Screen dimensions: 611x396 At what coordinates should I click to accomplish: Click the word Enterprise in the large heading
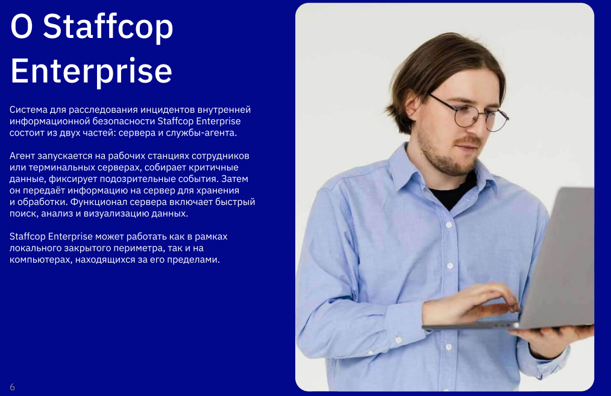pyautogui.click(x=91, y=71)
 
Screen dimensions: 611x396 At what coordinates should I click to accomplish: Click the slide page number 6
pyautogui.click(x=13, y=387)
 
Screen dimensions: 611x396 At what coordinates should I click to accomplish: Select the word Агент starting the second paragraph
pyautogui.click(x=22, y=156)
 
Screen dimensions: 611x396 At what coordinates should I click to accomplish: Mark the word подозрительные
pyautogui.click(x=137, y=179)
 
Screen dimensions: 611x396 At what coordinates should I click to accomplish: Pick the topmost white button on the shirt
pyautogui.click(x=448, y=225)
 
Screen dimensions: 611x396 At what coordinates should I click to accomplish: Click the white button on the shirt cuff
pyautogui.click(x=398, y=340)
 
